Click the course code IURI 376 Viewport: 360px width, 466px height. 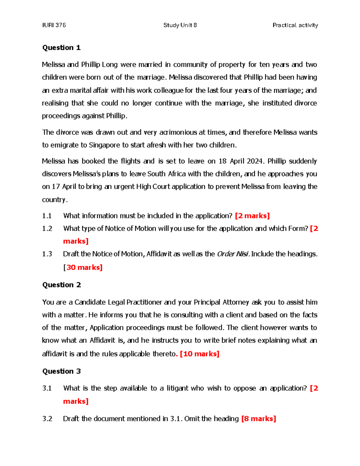tap(54, 25)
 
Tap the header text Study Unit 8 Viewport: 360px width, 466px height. tap(180, 25)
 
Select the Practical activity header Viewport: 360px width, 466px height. tap(295, 25)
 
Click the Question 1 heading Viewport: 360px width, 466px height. tap(61, 48)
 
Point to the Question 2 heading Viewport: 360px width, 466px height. tap(61, 285)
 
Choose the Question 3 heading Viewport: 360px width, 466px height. tap(61, 371)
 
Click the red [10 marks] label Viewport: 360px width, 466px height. tap(199, 354)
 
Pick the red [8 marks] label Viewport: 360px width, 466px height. tap(259, 419)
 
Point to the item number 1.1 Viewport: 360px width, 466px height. tap(47, 216)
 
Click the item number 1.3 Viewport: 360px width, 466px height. tap(47, 254)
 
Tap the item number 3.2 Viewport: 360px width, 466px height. tap(47, 419)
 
